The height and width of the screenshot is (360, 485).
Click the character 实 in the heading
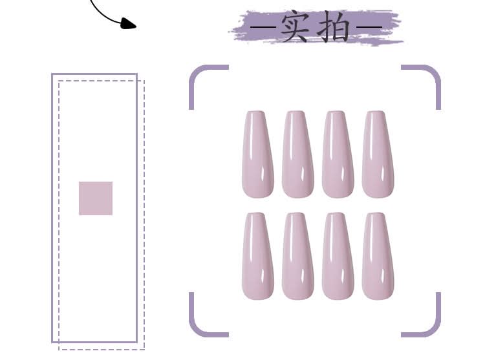coord(294,28)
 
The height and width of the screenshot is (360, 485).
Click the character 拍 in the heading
coord(335,28)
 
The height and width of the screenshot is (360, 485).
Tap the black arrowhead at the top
coord(129,24)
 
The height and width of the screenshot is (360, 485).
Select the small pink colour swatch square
coord(96,198)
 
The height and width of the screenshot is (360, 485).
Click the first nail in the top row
coord(257,154)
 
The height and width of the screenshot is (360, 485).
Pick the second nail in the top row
coord(297,154)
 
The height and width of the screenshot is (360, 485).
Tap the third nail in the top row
coord(338,154)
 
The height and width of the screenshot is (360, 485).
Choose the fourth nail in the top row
coord(377,154)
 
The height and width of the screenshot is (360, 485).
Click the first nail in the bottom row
coord(257,257)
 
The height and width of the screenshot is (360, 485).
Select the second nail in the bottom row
coord(297,257)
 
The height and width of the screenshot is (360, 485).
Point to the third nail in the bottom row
coord(338,257)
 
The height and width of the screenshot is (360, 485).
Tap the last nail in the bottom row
coord(377,257)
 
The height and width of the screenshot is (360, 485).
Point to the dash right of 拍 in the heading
coord(369,28)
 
